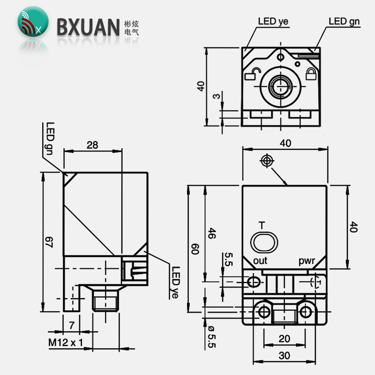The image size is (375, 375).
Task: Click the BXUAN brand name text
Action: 88,27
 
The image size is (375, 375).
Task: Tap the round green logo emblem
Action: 33,22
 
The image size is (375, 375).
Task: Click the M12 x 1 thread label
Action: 66,343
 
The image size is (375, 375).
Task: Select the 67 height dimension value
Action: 49,242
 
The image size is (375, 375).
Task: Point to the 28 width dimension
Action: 92,145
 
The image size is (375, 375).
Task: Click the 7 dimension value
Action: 72,325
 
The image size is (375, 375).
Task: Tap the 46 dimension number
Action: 212,233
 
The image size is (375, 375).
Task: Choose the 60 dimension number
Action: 195,249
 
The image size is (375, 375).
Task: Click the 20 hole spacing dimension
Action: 285,338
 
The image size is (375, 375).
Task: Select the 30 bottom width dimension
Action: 285,356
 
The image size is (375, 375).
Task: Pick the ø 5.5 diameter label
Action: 212,337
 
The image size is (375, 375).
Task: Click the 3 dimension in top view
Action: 216,96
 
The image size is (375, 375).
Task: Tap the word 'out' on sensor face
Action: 260,261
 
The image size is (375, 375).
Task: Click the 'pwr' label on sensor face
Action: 307,261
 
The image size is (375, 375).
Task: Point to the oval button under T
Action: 264,242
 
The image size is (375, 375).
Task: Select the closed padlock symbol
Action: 311,74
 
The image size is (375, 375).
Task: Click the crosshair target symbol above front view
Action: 267,160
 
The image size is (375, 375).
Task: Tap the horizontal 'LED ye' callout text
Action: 273,22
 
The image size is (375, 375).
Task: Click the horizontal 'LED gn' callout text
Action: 344,22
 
